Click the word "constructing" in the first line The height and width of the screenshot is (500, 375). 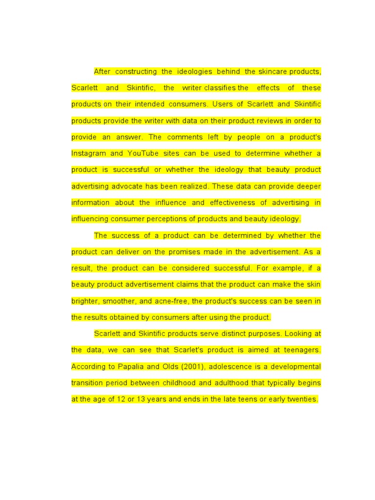[x=136, y=72]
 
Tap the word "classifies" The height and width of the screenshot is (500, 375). [x=220, y=88]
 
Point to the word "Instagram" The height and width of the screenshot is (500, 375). [x=88, y=153]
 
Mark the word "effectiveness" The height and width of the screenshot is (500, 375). [x=232, y=203]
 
